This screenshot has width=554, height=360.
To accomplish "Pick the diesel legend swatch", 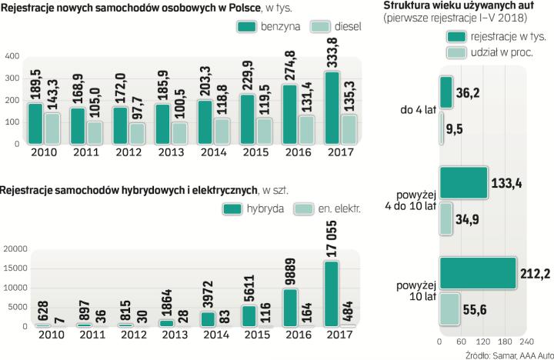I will [321, 26].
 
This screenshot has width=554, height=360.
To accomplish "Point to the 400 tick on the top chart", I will [13, 56].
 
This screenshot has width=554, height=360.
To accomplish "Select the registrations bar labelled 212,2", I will [478, 274].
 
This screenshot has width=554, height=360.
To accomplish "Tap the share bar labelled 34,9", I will [446, 218].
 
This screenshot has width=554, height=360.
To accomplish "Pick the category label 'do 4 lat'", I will [417, 110].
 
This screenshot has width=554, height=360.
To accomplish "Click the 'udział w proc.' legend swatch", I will [456, 52].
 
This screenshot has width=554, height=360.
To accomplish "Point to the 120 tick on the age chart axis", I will [482, 341].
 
